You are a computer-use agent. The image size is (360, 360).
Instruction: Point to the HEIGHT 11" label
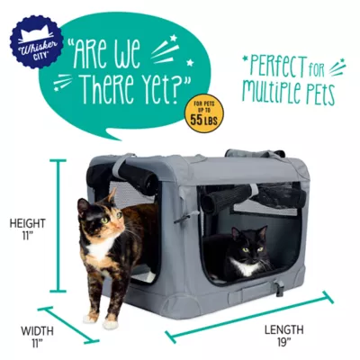28,229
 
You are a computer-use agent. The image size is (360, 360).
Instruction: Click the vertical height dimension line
60,225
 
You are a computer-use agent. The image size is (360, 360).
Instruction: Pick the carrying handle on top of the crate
243,155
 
